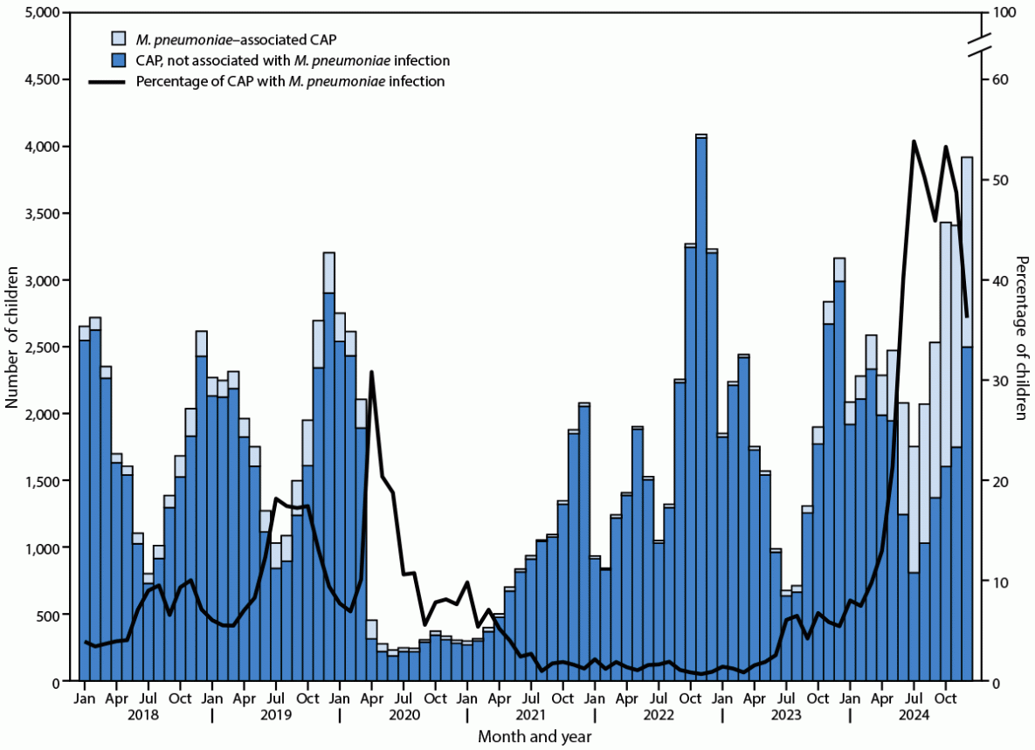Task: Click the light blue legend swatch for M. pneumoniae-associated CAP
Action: (x=118, y=38)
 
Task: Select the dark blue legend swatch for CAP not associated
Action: (x=118, y=60)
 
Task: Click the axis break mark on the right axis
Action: (x=980, y=44)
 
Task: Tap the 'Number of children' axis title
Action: (x=12, y=347)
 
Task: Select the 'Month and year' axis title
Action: (x=535, y=737)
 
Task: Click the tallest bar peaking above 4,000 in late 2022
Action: (x=701, y=410)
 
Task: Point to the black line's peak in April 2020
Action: (x=372, y=372)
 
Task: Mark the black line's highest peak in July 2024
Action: (x=914, y=141)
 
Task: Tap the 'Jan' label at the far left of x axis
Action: (x=85, y=699)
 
